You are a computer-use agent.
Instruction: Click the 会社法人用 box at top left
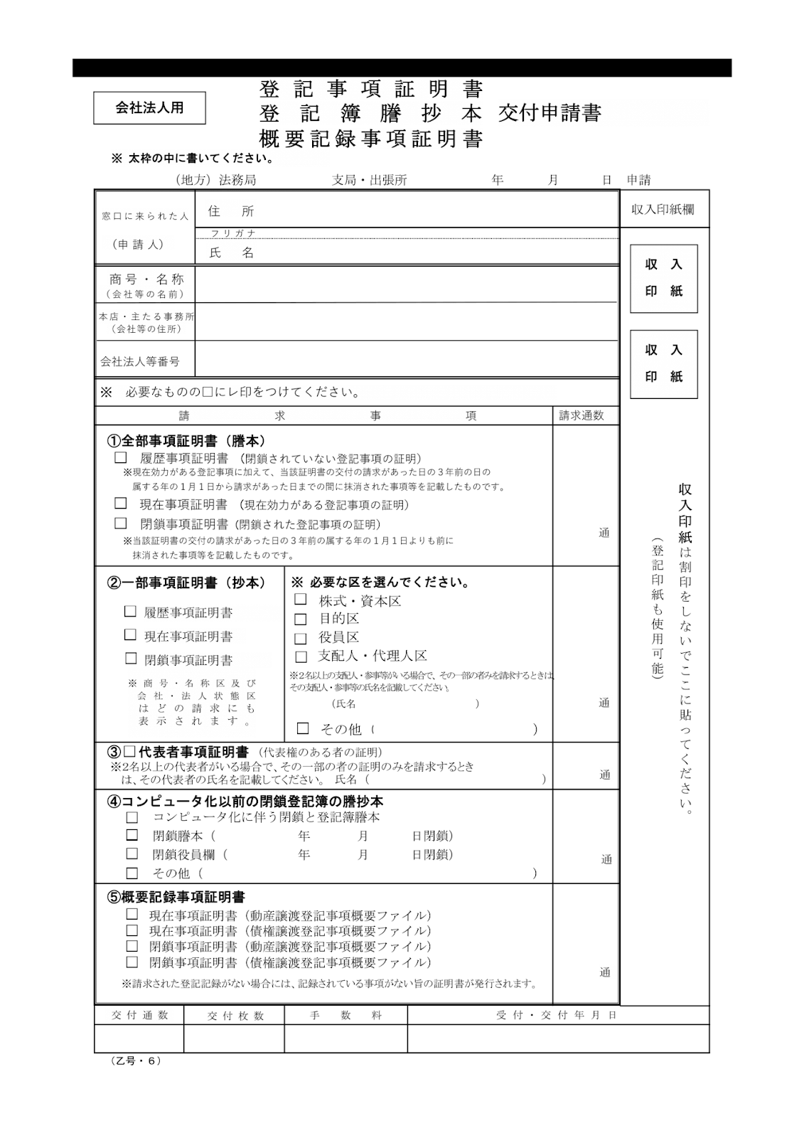[149, 108]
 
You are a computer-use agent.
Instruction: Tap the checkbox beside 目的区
[301, 619]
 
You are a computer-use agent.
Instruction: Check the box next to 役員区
[301, 639]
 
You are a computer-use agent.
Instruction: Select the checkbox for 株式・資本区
[301, 600]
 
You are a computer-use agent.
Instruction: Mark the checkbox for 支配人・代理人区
[301, 657]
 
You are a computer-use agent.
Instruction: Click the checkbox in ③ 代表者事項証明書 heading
[129, 752]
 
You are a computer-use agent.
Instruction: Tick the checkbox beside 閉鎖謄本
[132, 835]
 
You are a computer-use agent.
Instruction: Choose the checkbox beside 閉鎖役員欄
[132, 854]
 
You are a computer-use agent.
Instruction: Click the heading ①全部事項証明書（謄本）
[186, 442]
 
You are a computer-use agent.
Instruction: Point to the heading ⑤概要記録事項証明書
[176, 898]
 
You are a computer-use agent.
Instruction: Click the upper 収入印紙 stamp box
[663, 278]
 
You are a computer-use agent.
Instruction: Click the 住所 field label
[230, 211]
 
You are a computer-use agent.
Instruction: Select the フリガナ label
[233, 233]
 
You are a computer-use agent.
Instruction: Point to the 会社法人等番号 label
[140, 362]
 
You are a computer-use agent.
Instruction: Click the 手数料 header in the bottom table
[345, 1016]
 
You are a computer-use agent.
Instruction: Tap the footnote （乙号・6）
[136, 1060]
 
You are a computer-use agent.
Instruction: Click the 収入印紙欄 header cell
[663, 210]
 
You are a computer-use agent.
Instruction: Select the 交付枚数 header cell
[235, 1016]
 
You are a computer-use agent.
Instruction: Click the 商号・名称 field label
[146, 280]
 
